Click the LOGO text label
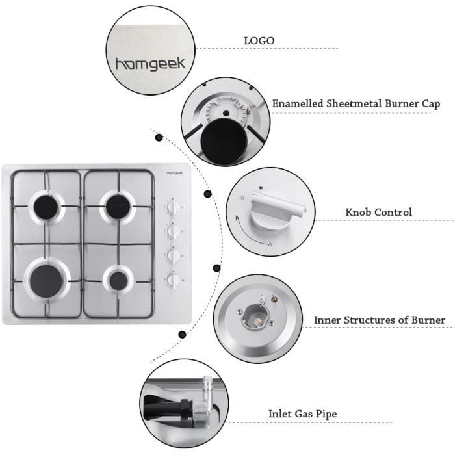(259, 41)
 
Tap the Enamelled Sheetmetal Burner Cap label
(356, 103)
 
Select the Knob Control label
(379, 213)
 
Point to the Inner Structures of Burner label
(380, 320)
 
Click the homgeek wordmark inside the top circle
(150, 64)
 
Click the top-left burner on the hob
(48, 206)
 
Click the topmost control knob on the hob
(173, 207)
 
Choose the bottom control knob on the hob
(173, 280)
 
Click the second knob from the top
(173, 231)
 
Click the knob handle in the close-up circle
(272, 209)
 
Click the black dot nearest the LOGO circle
(159, 137)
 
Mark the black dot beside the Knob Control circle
(208, 194)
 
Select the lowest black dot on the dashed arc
(183, 335)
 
